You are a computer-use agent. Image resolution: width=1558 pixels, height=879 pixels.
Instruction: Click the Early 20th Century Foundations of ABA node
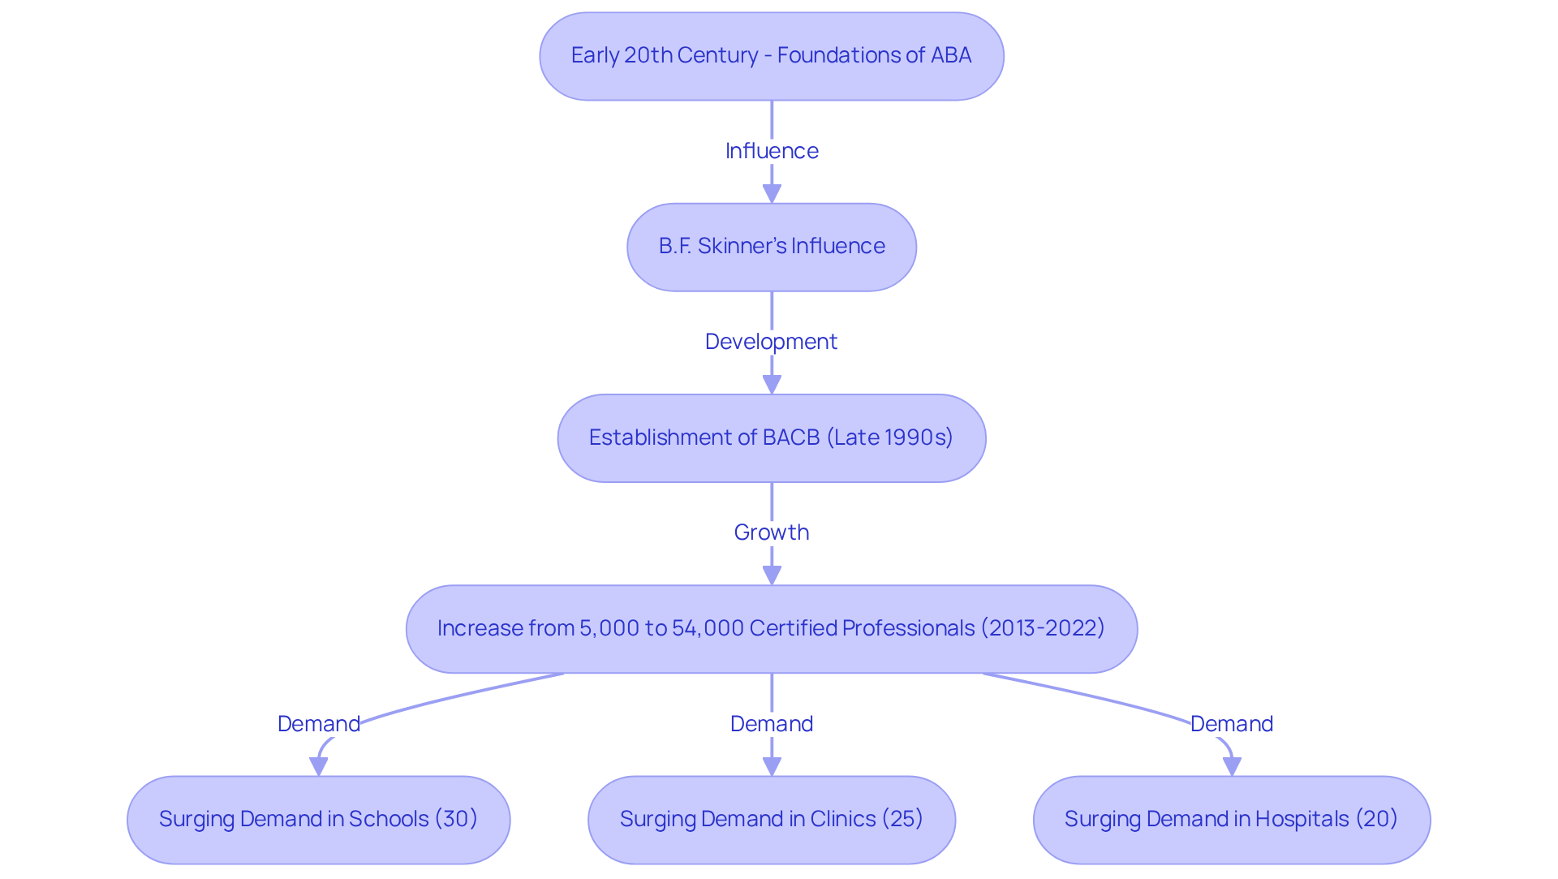(771, 56)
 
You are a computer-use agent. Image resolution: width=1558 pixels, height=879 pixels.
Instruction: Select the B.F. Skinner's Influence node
(771, 247)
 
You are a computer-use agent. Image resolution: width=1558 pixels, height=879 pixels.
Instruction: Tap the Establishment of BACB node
(771, 438)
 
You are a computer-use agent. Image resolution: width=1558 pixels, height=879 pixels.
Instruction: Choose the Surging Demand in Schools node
(318, 820)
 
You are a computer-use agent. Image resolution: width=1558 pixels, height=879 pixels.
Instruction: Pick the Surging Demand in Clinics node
(771, 820)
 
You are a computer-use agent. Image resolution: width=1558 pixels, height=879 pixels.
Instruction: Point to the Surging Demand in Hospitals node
(1231, 820)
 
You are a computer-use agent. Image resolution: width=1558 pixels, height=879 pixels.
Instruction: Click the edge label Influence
(771, 151)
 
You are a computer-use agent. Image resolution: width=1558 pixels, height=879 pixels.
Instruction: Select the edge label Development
(771, 342)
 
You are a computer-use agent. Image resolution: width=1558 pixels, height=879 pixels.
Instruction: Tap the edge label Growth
(771, 532)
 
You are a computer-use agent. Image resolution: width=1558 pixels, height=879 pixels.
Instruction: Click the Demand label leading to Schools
(318, 724)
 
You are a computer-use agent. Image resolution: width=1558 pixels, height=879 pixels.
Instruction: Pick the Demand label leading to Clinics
(771, 724)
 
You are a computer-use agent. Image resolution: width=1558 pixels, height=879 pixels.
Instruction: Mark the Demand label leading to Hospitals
(1231, 724)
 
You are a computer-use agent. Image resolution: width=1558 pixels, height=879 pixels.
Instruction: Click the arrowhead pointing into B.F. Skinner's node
(772, 194)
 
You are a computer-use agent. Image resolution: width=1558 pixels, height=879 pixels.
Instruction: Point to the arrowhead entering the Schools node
(319, 766)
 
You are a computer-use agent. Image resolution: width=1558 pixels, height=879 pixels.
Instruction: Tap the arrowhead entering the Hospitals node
(1232, 766)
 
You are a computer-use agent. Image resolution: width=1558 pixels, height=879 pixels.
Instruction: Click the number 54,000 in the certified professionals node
(708, 629)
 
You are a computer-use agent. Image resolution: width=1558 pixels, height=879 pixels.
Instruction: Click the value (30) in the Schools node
(456, 819)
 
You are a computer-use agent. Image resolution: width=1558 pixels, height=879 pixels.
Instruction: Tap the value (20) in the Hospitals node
(1376, 819)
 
